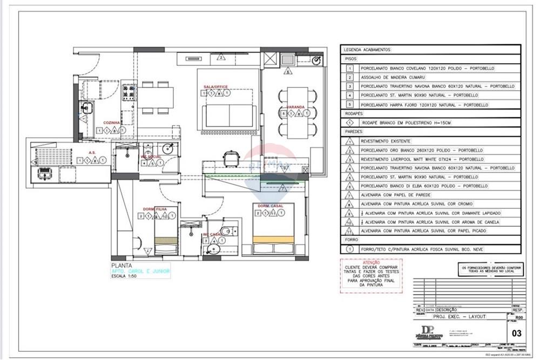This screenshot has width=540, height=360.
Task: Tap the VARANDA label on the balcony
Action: (296, 107)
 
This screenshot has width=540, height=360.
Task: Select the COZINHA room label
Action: (112, 123)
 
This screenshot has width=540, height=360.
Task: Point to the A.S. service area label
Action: (92, 153)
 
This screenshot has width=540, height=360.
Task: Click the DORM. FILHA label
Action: (154, 209)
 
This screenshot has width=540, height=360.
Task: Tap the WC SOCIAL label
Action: (151, 157)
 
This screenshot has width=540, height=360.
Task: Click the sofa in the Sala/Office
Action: (230, 115)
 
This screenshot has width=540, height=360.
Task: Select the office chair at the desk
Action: (231, 158)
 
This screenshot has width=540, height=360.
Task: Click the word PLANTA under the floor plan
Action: (120, 265)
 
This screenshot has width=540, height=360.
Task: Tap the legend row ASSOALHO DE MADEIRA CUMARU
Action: (389, 77)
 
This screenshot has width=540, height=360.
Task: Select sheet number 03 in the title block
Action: (516, 333)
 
